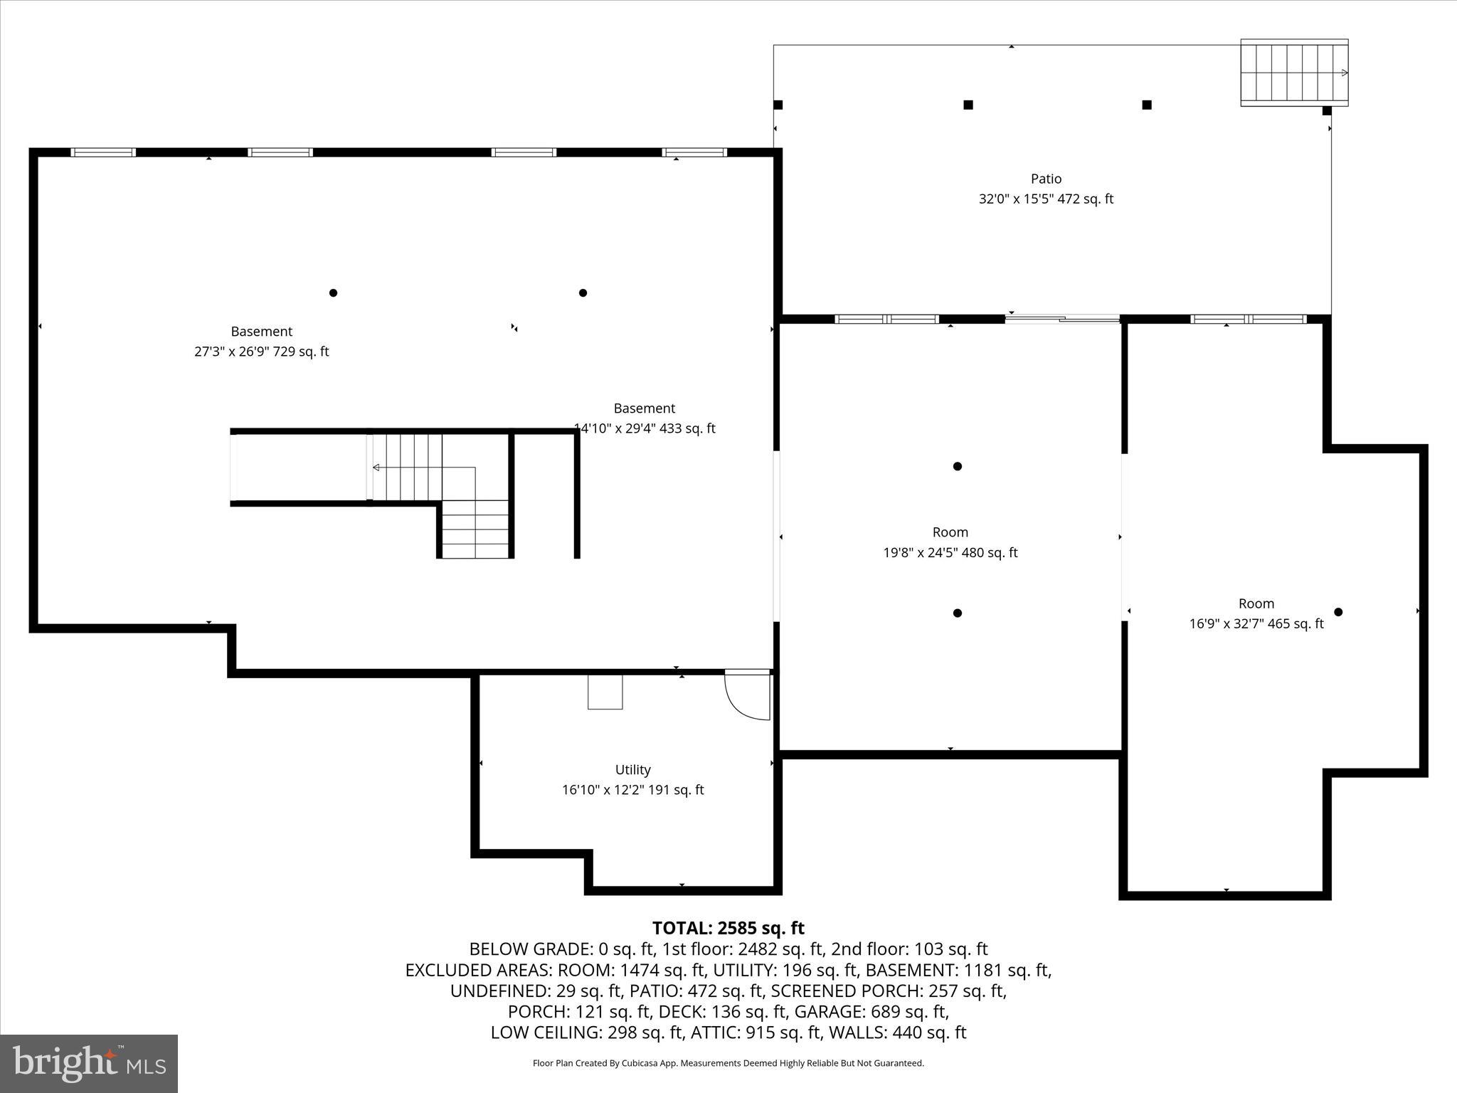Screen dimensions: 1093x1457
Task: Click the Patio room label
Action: [x=1046, y=179]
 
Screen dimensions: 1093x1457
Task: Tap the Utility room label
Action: [x=632, y=769]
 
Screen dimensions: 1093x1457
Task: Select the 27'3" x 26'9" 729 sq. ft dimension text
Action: [x=261, y=352]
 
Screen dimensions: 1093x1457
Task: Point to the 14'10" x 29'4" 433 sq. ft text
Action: [x=645, y=428]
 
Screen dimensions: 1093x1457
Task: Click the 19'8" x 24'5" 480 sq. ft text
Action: [x=950, y=552]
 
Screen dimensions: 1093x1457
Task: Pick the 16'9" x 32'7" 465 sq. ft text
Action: [x=1256, y=623]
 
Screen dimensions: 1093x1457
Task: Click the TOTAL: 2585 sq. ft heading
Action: [x=728, y=928]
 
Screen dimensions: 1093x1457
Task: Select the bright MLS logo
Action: [x=89, y=1063]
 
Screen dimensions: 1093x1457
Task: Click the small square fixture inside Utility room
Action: [x=605, y=692]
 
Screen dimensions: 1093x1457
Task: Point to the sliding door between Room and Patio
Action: [x=1062, y=319]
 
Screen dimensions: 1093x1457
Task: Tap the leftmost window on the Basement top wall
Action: [x=102, y=152]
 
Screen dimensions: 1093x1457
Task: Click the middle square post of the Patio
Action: [x=968, y=105]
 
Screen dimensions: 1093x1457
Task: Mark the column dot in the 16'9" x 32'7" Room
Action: [x=1337, y=612]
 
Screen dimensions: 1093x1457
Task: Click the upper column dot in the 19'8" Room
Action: [x=957, y=466]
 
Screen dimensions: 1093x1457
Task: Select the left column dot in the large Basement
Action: [x=333, y=292]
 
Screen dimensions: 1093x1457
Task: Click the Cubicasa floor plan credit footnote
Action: [x=728, y=1063]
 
